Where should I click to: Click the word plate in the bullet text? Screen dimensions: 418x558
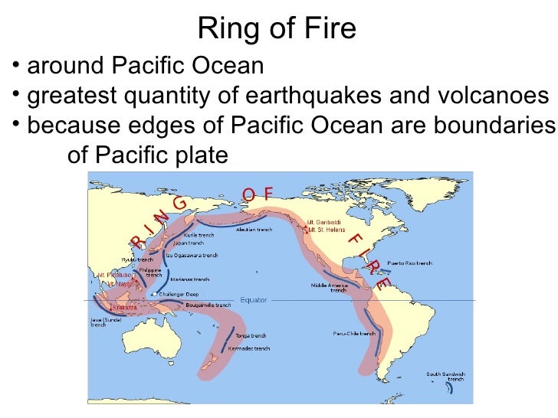(201, 155)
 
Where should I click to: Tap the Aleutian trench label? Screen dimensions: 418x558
(254, 229)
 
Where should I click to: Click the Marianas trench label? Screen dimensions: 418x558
(189, 279)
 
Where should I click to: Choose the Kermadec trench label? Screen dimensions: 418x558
(249, 348)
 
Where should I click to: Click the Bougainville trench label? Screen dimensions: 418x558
(208, 305)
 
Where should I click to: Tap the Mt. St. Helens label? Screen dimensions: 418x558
(327, 230)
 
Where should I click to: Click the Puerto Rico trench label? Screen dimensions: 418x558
(409, 263)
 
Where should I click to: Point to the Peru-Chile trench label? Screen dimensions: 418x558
(354, 333)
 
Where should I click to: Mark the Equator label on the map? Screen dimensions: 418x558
(254, 299)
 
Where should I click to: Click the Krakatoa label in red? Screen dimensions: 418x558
(123, 307)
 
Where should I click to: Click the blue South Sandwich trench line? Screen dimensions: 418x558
(449, 389)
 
